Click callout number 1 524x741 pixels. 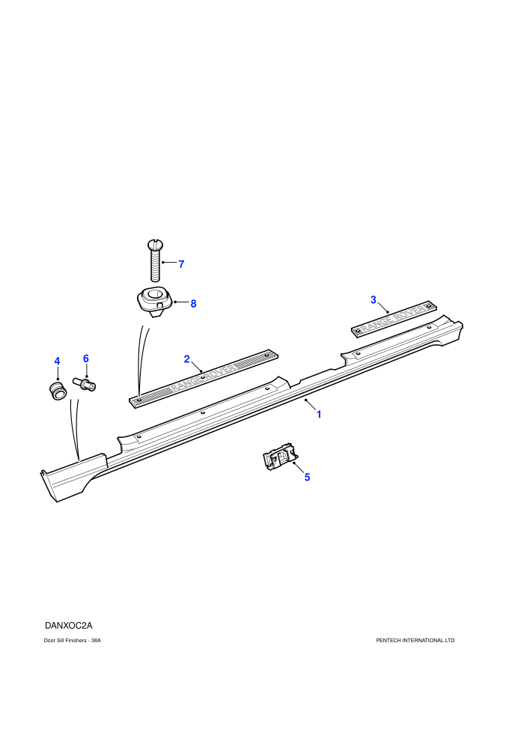click(x=319, y=415)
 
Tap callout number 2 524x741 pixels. click(x=186, y=359)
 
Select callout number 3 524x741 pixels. click(x=374, y=299)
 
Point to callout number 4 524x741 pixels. click(x=57, y=362)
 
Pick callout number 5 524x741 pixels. click(x=307, y=478)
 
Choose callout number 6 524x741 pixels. click(x=86, y=359)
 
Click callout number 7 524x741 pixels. click(x=181, y=264)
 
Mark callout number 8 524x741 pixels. click(x=193, y=304)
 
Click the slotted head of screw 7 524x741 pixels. click(x=154, y=244)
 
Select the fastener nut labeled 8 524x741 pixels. click(x=153, y=302)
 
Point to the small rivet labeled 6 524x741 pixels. click(x=84, y=383)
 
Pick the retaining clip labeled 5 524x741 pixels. click(x=280, y=457)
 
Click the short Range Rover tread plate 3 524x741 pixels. click(x=394, y=319)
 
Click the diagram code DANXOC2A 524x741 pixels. click(x=69, y=626)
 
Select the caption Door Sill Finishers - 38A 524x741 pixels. click(x=73, y=641)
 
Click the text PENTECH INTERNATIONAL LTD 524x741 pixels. click(x=415, y=641)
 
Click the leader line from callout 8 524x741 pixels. click(x=181, y=302)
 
